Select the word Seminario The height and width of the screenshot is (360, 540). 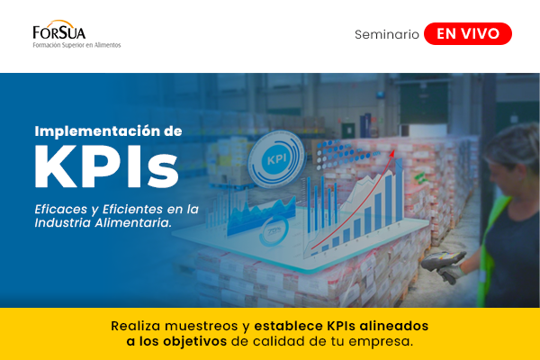387,34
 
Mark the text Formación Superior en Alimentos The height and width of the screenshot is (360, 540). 76,44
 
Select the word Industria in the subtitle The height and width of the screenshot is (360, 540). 62,222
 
